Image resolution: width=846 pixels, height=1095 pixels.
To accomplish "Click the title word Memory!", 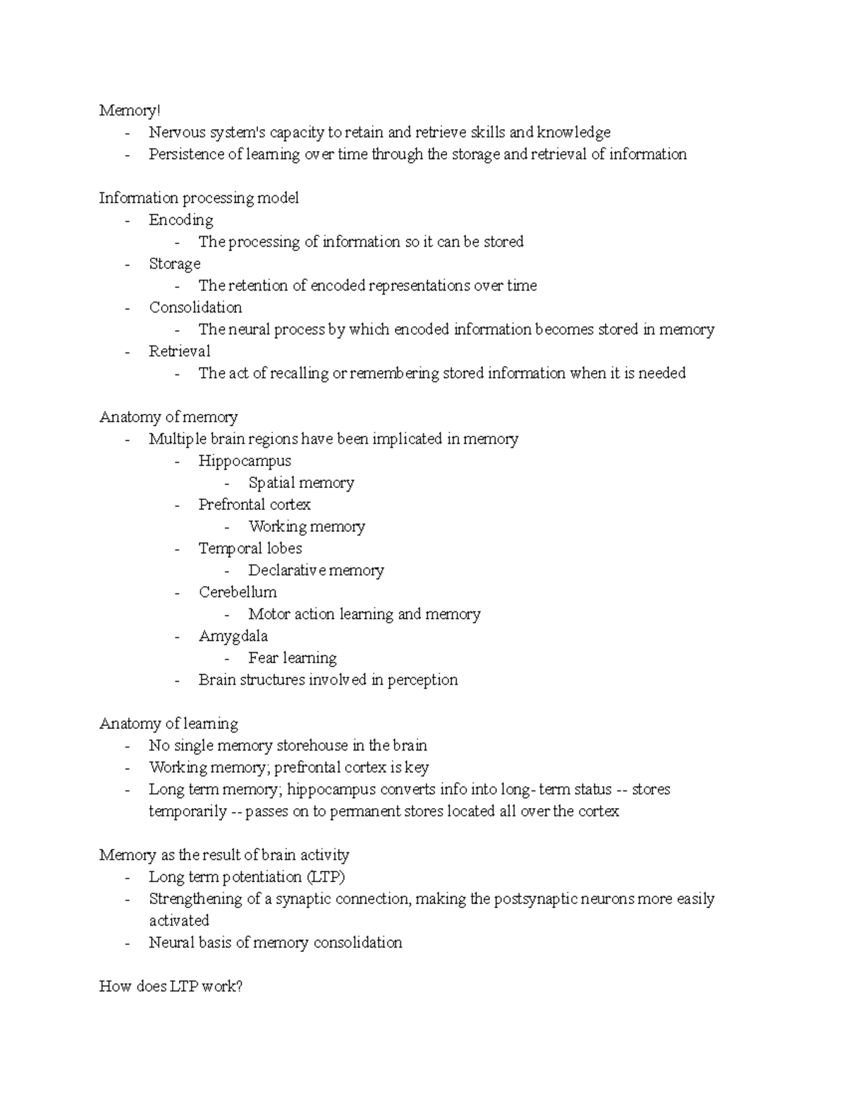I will click(130, 111).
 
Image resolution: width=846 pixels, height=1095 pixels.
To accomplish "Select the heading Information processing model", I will click(199, 198).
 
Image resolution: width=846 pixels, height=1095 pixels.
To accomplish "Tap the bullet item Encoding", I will click(180, 220).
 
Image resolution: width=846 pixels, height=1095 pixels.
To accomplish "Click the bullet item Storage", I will click(174, 264).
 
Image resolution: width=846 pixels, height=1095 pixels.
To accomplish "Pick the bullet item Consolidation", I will click(195, 307).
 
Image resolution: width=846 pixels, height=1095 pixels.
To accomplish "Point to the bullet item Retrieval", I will click(179, 351).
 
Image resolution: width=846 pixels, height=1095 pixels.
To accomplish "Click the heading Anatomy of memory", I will click(168, 417).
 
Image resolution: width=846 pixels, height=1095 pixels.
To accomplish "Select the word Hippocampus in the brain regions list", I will click(245, 461).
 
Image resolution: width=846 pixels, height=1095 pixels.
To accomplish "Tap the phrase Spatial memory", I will click(301, 483).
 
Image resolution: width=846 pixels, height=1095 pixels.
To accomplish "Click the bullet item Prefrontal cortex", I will click(255, 505).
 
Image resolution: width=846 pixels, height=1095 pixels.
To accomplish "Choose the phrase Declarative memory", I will click(316, 570).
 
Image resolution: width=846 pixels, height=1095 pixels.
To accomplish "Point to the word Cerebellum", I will click(238, 592).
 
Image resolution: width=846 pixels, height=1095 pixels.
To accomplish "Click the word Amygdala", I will click(233, 636).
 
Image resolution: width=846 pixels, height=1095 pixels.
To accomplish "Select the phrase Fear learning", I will click(293, 658).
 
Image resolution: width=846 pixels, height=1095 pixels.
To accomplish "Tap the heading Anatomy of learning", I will click(168, 723).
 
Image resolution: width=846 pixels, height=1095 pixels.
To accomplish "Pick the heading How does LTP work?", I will click(171, 986).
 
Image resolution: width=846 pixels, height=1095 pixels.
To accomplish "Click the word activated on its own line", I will click(179, 921).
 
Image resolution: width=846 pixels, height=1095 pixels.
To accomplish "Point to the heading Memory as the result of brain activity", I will click(224, 855).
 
